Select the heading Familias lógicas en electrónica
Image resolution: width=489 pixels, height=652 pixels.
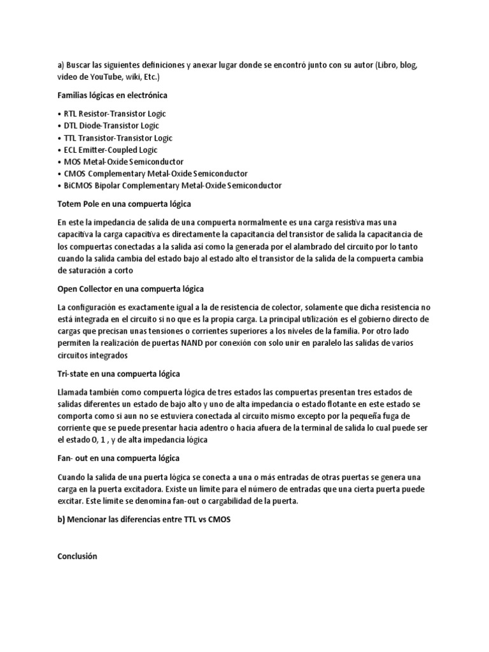(112, 96)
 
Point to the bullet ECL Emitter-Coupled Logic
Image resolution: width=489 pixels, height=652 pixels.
(105, 150)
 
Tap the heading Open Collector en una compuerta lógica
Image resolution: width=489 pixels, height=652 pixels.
(130, 288)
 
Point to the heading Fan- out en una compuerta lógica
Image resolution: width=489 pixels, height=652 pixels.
(118, 458)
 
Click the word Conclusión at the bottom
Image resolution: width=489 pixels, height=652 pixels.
(77, 556)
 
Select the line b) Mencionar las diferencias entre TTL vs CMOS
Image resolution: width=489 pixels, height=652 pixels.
(143, 519)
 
